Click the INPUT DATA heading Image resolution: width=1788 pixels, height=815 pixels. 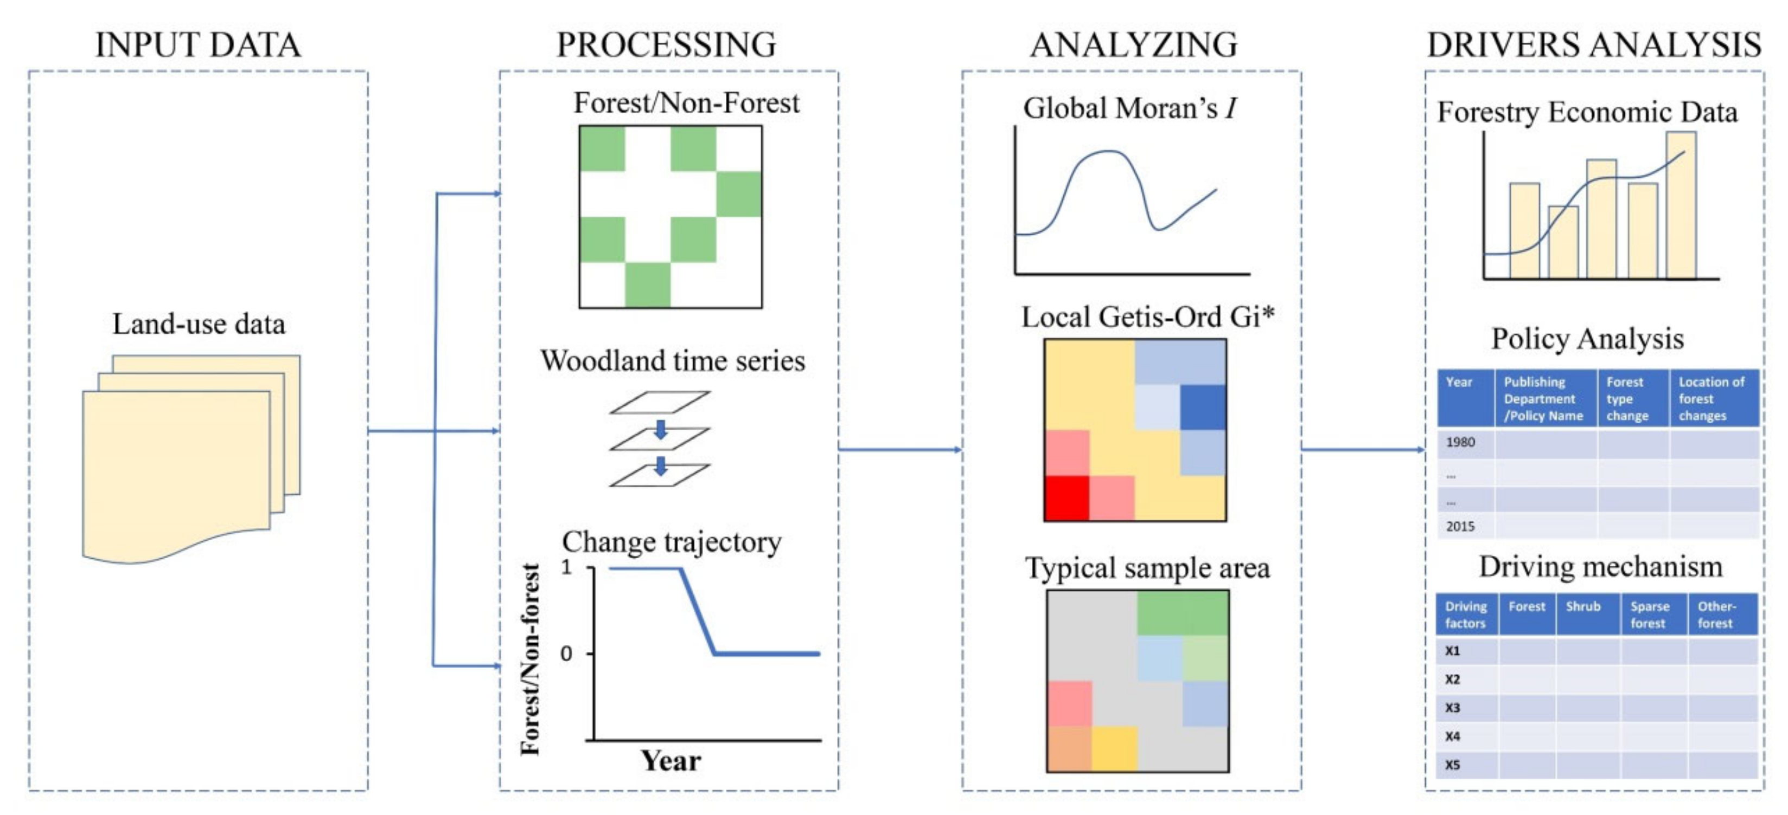[x=198, y=45]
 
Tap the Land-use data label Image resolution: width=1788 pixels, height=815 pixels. [x=199, y=324]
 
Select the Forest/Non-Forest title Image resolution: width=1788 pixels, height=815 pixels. [x=686, y=104]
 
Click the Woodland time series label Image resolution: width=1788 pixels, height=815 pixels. [x=673, y=361]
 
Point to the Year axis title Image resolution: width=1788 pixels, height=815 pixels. [x=670, y=761]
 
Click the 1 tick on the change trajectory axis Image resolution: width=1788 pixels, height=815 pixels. [x=567, y=567]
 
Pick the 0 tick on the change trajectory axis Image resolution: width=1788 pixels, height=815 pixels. [x=566, y=654]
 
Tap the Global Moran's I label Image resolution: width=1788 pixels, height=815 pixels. [x=1129, y=108]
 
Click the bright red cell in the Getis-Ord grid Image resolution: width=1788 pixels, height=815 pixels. [x=1067, y=498]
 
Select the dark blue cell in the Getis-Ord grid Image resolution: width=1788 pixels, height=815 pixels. [x=1203, y=407]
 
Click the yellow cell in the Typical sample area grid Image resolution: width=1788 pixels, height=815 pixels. [x=1114, y=749]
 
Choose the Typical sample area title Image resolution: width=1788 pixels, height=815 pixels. [x=1147, y=568]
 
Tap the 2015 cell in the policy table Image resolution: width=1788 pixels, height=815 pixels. [x=1460, y=527]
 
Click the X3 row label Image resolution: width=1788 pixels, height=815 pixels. [x=1452, y=708]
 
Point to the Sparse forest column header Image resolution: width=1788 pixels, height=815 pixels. [x=1649, y=615]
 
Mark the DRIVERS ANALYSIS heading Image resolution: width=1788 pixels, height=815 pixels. [x=1594, y=45]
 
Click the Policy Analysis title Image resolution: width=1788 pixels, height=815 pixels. [x=1587, y=339]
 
